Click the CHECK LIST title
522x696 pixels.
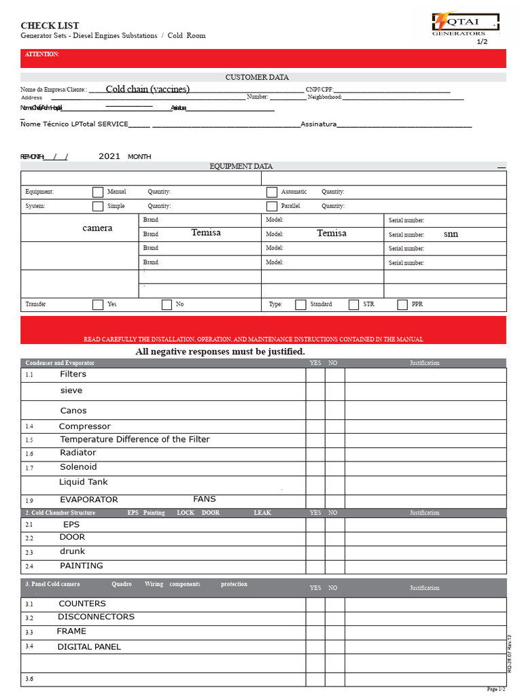coord(46,26)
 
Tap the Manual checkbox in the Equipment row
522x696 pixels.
coord(98,192)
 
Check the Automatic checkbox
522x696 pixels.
coord(272,192)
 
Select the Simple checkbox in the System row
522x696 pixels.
coord(98,206)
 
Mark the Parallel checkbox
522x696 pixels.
coord(272,206)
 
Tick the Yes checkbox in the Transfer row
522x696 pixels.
coord(98,304)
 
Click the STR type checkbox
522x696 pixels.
coord(353,304)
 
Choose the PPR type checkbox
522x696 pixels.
coord(402,304)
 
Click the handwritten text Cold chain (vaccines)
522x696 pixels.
coord(147,89)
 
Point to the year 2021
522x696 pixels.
coord(109,156)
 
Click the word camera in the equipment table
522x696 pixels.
coord(97,228)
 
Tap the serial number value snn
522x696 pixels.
coord(451,234)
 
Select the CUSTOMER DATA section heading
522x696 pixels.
coord(257,77)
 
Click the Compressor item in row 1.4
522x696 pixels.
coord(84,427)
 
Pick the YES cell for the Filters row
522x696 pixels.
coord(315,375)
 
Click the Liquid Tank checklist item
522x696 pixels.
coord(83,482)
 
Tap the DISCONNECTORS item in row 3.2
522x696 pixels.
coord(96,617)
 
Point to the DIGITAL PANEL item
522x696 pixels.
coord(89,647)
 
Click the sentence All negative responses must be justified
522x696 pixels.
coord(220,351)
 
